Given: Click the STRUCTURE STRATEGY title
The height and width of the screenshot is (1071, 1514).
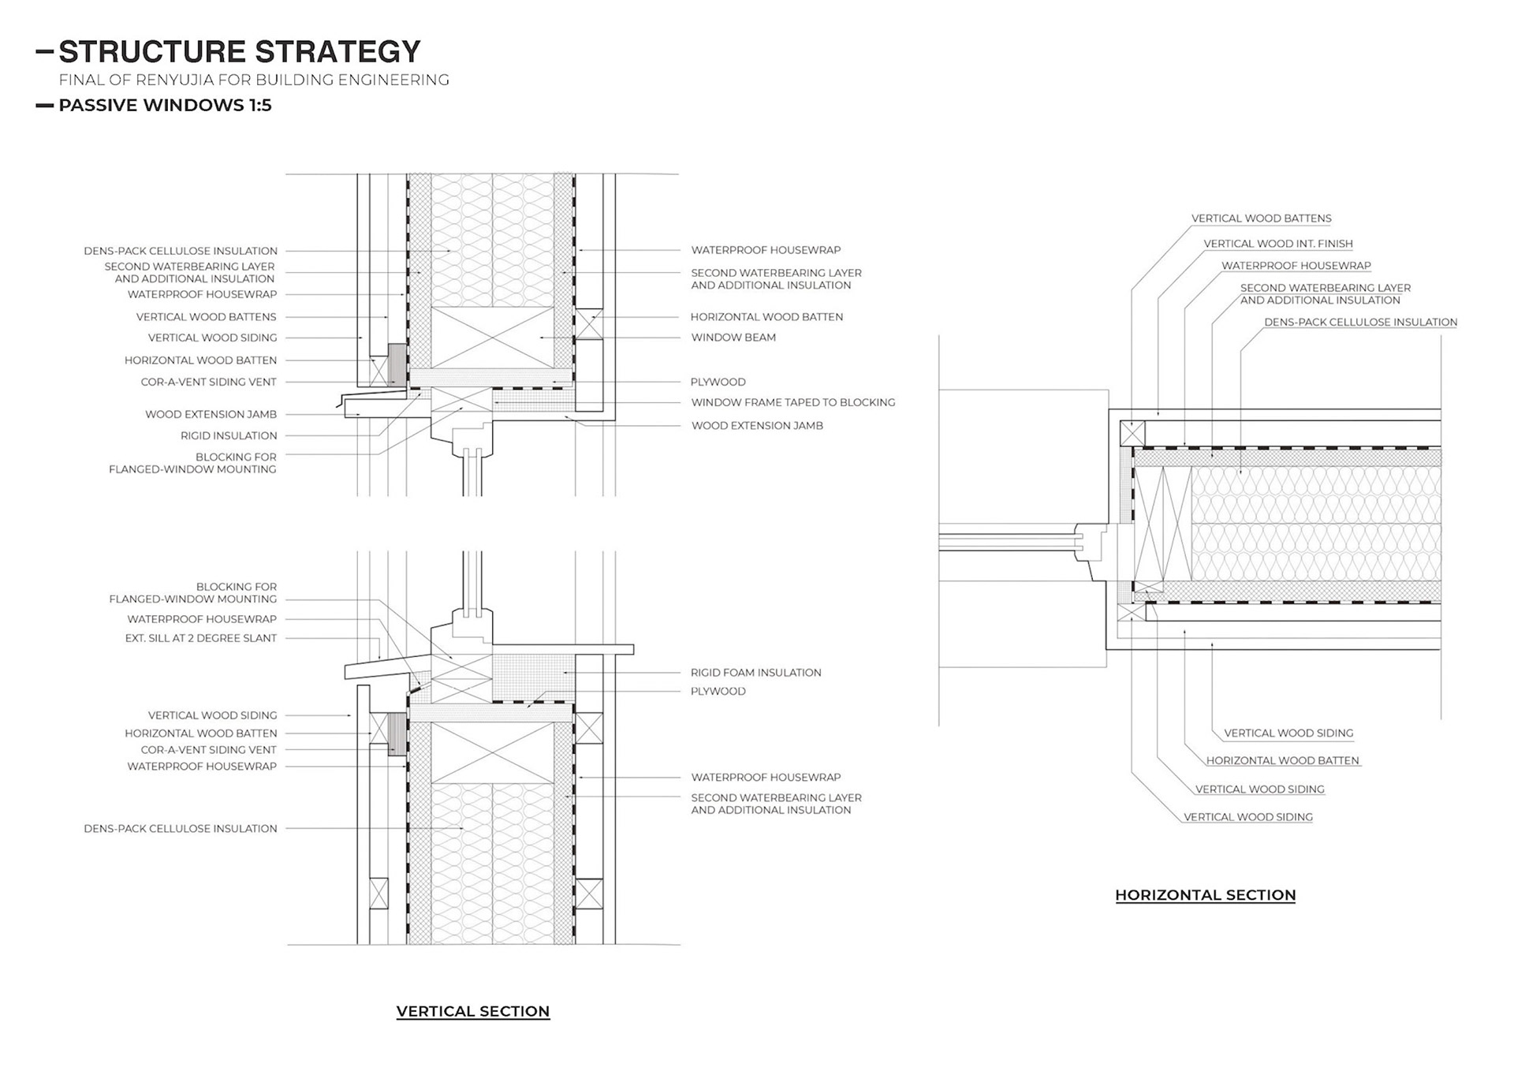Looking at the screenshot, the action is (x=239, y=52).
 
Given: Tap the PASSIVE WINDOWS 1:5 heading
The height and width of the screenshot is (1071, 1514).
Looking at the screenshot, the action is (x=165, y=106).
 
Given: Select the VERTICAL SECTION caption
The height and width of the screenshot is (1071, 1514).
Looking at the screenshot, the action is (x=472, y=1011).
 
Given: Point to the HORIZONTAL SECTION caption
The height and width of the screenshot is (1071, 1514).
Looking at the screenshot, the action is (x=1205, y=895).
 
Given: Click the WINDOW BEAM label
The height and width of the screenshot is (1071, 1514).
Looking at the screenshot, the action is (x=733, y=338).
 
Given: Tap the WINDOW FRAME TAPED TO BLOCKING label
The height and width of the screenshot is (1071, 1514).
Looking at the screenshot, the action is (x=792, y=402).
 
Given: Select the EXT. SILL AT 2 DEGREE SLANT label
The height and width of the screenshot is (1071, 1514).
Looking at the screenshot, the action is (x=201, y=638).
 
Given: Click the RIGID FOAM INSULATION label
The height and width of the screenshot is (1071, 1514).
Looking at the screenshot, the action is (x=755, y=673).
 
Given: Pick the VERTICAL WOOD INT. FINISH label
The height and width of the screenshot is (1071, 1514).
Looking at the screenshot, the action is (x=1277, y=244).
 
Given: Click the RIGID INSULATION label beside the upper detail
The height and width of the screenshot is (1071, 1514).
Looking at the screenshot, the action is (x=229, y=435).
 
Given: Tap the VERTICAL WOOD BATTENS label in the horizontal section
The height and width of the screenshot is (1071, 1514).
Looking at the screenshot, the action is (x=1261, y=218).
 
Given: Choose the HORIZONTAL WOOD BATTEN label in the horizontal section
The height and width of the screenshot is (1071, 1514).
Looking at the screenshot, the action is (x=1282, y=761).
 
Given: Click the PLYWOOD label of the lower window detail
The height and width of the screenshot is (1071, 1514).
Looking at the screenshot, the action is (x=718, y=692).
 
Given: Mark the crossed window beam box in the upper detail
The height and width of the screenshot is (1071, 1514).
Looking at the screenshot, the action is (x=492, y=338).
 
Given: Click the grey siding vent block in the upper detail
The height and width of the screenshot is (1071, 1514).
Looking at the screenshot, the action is (x=397, y=364).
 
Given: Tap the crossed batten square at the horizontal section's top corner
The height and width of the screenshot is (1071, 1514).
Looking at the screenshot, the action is (x=1132, y=433).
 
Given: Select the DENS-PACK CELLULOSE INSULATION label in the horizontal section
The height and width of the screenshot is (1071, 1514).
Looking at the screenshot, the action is (x=1360, y=323).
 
